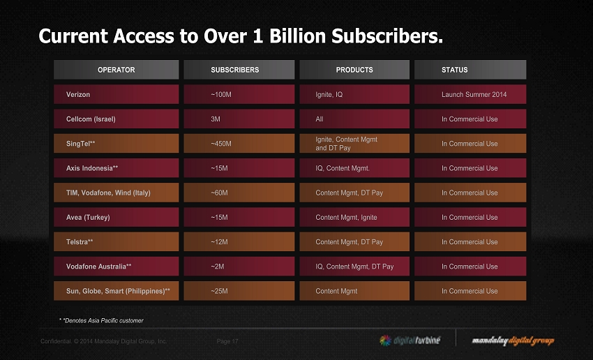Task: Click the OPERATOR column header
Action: (117, 70)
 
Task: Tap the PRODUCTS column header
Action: (354, 70)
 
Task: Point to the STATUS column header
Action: (470, 70)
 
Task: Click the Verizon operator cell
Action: (117, 94)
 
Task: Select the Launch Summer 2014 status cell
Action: (470, 94)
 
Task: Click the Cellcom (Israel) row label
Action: (117, 119)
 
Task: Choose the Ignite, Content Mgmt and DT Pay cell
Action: (354, 144)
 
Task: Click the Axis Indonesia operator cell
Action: (117, 168)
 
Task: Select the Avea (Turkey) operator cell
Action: (117, 218)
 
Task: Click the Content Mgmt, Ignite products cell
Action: (354, 218)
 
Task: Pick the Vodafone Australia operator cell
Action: (117, 267)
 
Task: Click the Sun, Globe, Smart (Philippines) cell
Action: (117, 291)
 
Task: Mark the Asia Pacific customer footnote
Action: (102, 321)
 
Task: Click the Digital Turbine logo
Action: (410, 340)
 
